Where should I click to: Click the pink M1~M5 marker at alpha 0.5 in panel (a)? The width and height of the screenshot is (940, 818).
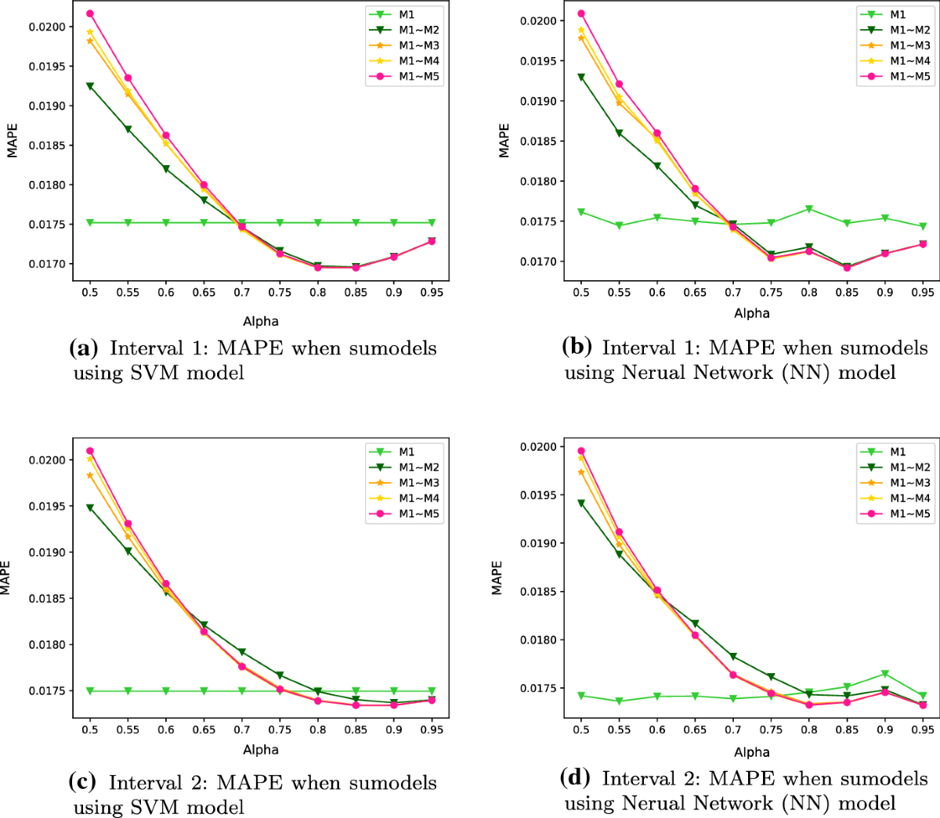pos(89,13)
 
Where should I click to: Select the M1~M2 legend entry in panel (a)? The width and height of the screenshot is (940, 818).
pos(418,30)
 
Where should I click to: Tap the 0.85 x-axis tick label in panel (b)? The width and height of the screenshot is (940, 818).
pos(847,292)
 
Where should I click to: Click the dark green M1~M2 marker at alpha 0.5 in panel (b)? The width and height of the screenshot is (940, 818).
pos(580,77)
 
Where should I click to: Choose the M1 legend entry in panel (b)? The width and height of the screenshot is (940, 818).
pos(898,14)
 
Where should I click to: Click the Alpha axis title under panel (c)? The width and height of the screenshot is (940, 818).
pos(261,749)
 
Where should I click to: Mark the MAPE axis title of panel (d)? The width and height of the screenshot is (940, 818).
pos(497,578)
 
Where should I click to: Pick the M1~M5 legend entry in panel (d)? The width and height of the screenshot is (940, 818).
pos(909,514)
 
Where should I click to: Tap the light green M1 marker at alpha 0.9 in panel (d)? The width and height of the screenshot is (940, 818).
pos(885,674)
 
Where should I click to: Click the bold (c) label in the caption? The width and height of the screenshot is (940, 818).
pos(83,782)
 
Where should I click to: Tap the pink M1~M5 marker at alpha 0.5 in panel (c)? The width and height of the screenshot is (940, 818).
pos(89,451)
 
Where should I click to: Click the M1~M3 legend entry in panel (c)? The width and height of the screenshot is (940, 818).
pos(418,483)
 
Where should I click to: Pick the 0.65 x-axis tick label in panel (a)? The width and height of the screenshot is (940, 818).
pos(204,292)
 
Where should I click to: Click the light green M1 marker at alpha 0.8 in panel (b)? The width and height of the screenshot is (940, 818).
pos(809,209)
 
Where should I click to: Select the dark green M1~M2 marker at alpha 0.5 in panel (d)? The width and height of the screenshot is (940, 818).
pos(580,503)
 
